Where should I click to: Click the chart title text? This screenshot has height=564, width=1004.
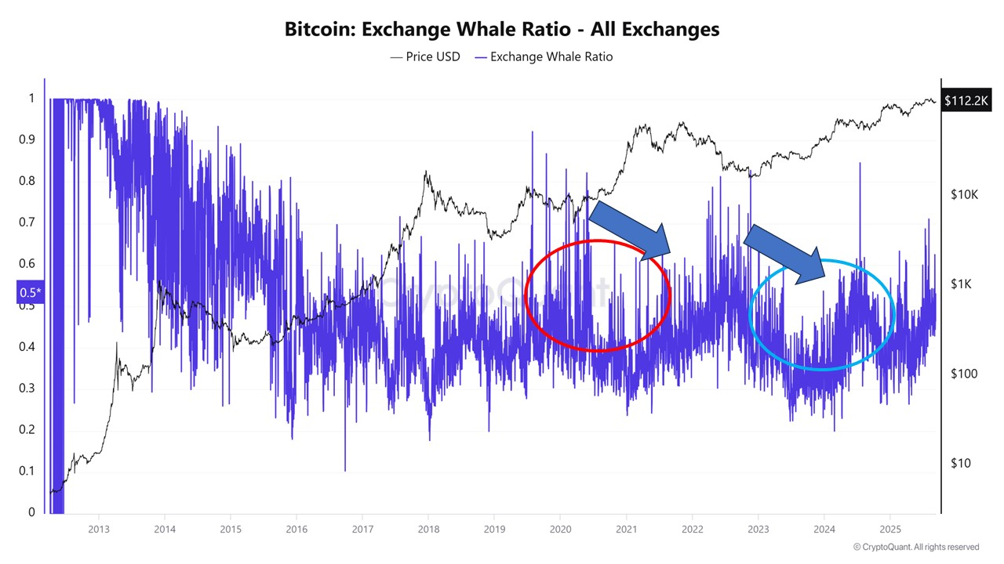(502, 30)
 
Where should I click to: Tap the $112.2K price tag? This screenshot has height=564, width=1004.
(969, 101)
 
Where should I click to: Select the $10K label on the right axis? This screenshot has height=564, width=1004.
(964, 193)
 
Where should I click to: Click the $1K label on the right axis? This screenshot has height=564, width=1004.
(962, 284)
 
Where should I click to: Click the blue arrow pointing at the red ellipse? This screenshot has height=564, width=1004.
(629, 229)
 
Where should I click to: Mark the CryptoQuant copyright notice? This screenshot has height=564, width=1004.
(915, 547)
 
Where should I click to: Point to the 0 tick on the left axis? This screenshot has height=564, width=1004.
(31, 512)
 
